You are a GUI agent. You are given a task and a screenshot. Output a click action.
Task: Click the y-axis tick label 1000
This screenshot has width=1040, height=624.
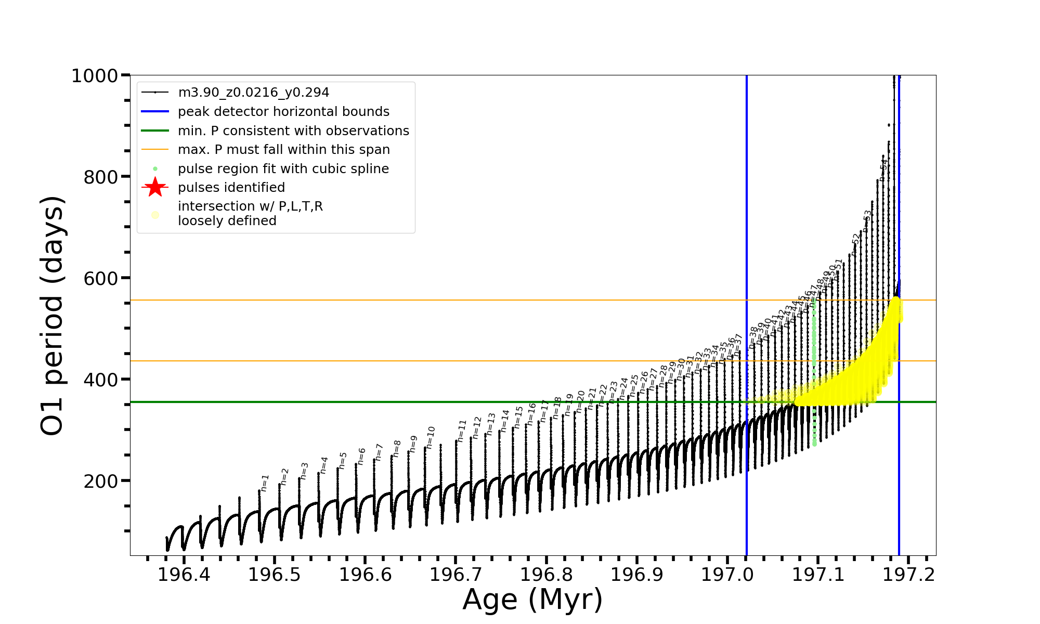point(95,76)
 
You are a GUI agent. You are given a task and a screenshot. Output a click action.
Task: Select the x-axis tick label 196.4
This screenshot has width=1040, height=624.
point(184,575)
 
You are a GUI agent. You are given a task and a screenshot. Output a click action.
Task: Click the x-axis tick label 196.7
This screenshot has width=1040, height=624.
point(456,575)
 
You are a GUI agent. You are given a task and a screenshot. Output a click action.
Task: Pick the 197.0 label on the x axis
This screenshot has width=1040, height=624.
point(727,575)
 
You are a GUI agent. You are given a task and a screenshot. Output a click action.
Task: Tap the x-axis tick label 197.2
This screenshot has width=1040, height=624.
point(908,575)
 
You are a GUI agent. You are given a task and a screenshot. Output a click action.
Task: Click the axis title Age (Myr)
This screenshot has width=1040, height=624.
point(532,600)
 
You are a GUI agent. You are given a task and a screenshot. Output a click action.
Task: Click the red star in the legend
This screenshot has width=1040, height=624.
point(155,187)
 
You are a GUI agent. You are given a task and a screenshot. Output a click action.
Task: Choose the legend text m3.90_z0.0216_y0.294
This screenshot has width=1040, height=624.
point(253,93)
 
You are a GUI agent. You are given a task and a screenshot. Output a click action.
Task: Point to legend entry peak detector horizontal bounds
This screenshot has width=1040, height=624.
point(283,112)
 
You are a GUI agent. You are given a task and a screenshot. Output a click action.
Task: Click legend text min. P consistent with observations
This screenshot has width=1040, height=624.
point(293,131)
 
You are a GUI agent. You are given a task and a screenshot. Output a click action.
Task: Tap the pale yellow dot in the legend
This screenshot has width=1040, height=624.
point(155,215)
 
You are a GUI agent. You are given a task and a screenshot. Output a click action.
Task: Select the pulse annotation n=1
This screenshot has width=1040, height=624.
point(265,483)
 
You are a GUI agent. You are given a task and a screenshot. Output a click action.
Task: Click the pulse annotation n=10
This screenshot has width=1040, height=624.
point(430,437)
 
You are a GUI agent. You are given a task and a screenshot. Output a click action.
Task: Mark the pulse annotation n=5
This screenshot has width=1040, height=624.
point(343,460)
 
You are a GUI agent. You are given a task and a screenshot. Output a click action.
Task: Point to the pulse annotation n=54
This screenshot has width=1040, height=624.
point(883,170)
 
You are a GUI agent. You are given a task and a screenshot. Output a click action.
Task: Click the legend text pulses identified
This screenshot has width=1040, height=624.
point(231,188)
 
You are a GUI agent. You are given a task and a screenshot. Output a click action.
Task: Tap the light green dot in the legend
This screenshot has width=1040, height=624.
point(155,169)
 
